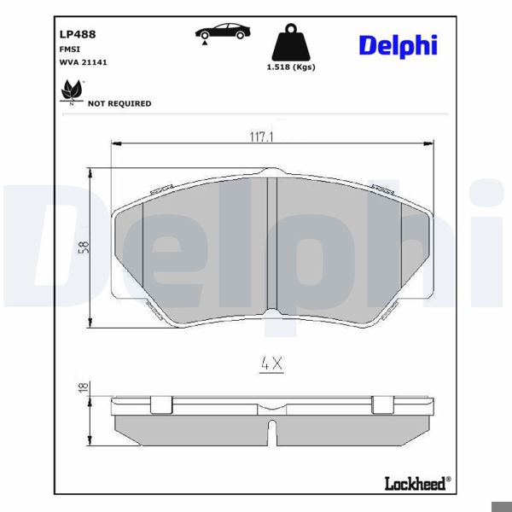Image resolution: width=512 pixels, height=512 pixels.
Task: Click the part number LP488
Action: (77, 35)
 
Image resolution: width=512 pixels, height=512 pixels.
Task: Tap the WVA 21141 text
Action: (83, 62)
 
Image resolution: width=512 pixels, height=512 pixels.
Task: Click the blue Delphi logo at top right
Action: (398, 44)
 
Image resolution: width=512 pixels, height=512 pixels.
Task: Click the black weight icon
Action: (289, 44)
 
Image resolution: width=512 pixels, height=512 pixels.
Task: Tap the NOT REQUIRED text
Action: (119, 103)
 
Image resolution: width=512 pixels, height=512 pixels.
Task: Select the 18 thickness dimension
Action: (82, 387)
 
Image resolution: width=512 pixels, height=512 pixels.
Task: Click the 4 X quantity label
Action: (271, 364)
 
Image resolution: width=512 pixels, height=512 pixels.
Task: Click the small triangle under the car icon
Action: (206, 43)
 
